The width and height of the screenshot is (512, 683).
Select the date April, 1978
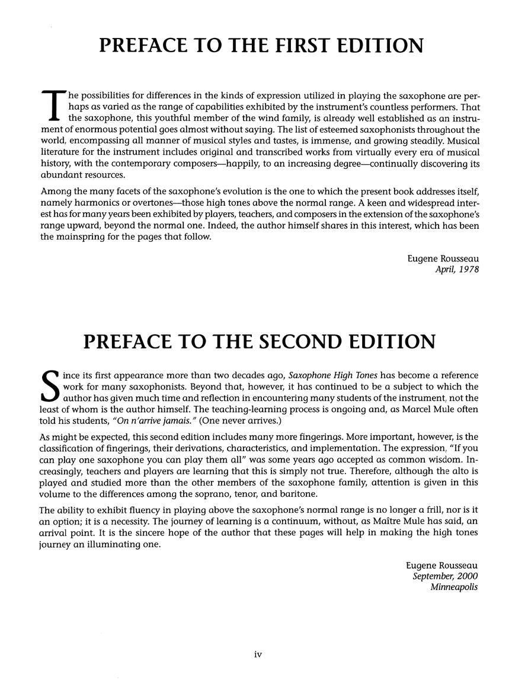(456, 269)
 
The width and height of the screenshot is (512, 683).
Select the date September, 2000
(445, 576)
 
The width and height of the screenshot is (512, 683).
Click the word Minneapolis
(454, 588)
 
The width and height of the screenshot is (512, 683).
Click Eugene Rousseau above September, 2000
(442, 565)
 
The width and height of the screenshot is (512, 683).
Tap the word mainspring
(81, 237)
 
